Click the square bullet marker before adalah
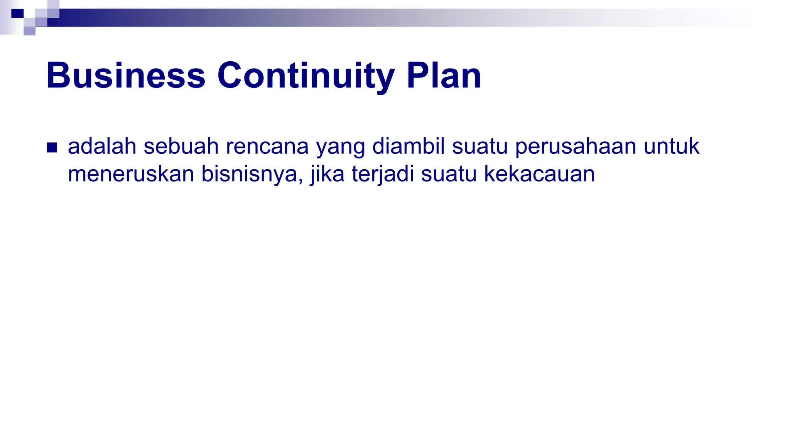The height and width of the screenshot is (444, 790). pos(52,148)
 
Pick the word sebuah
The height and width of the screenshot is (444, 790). pos(181,146)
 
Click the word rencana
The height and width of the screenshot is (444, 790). pos(267,146)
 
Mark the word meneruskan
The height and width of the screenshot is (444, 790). pos(131,174)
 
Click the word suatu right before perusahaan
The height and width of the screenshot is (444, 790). pos(480,146)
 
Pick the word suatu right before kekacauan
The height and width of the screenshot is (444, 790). pos(449,174)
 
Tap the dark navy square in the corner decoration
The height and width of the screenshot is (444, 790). pos(17,13)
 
